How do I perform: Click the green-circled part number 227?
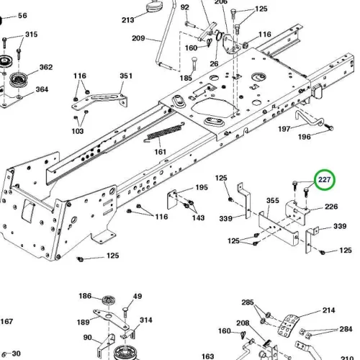(324, 179)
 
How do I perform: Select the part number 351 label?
(126, 76)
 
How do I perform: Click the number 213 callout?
(127, 20)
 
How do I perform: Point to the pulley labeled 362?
(19, 79)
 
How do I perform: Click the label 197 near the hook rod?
(284, 129)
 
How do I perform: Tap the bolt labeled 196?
(329, 127)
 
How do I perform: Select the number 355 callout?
(273, 200)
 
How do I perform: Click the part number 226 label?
(331, 207)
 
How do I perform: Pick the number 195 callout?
(202, 187)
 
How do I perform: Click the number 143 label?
(198, 217)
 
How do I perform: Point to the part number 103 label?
(78, 131)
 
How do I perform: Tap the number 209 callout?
(138, 38)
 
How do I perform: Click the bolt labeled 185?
(194, 63)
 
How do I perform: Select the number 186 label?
(85, 296)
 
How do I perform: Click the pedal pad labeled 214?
(289, 325)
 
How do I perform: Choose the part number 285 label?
(248, 302)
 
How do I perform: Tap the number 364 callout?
(42, 89)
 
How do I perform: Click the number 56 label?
(22, 16)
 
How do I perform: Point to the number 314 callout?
(146, 320)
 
